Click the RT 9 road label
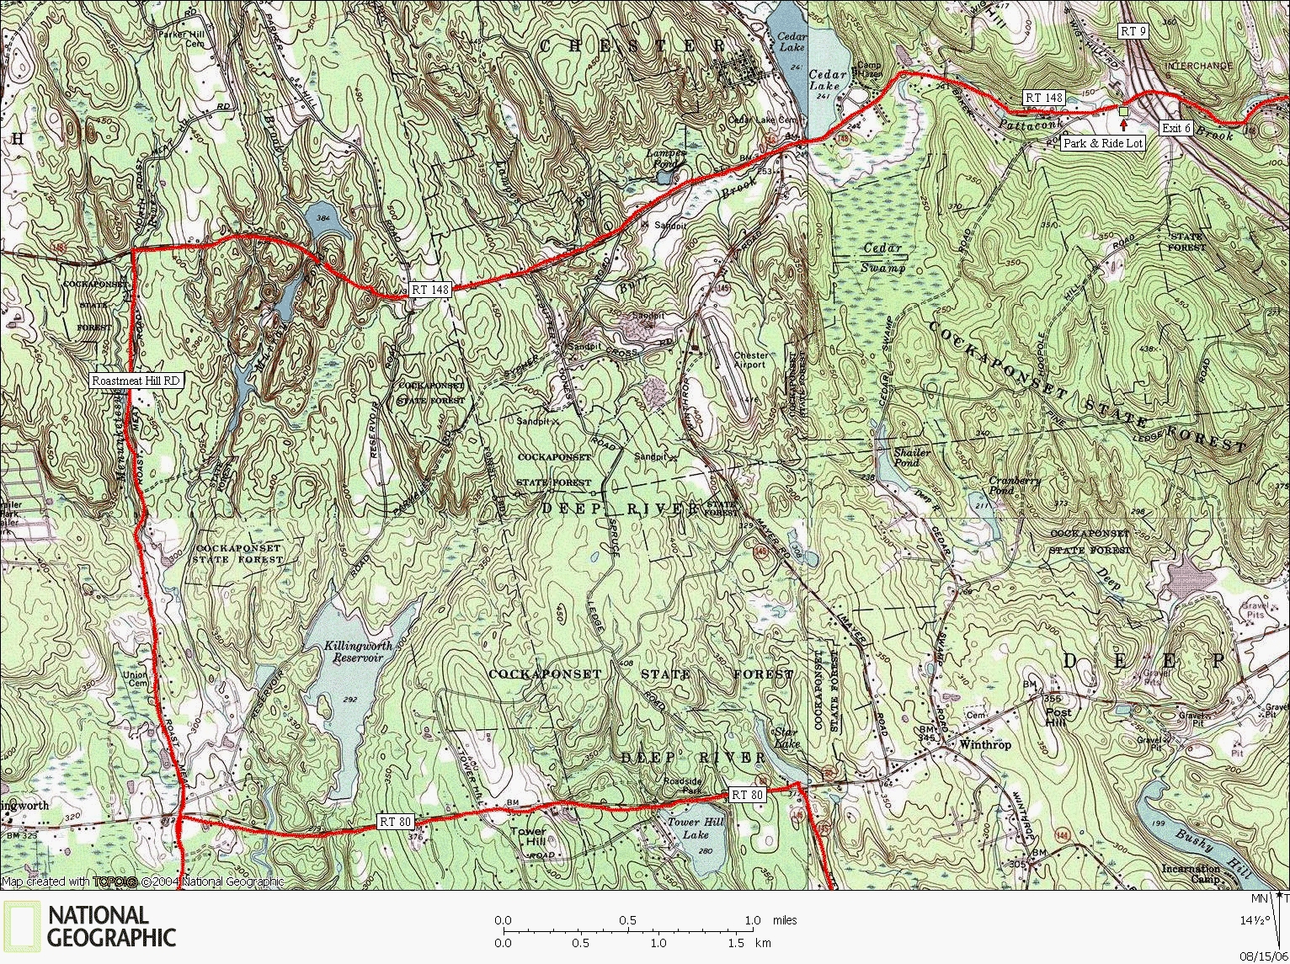(1133, 31)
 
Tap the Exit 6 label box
(1176, 128)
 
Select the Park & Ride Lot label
(1102, 143)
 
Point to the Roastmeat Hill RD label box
(136, 381)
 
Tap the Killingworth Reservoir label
(358, 652)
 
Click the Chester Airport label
(749, 360)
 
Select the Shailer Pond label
(912, 457)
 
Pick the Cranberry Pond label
(1015, 485)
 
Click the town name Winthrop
(985, 744)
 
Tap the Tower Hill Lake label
(696, 828)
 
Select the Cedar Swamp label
(882, 258)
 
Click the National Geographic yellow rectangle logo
(20, 926)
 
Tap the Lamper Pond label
(666, 159)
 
